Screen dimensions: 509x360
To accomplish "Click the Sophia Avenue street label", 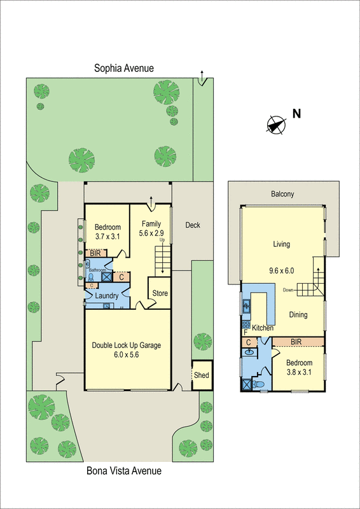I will tap(123, 68).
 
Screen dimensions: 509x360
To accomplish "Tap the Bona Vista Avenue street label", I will tap(123, 471).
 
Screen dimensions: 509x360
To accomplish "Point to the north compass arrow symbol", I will tap(275, 124).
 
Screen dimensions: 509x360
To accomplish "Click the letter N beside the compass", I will tap(296, 114).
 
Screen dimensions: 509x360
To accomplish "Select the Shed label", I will tap(202, 375).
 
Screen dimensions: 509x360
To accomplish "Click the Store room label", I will tap(160, 293).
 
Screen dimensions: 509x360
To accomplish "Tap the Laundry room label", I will tap(107, 296).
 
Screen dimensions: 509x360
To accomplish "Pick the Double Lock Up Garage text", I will tap(127, 345).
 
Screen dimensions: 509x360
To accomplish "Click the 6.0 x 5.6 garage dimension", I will tap(127, 355).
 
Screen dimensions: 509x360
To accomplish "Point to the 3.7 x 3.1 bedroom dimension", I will tap(107, 237).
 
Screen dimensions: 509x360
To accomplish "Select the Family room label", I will tap(151, 223).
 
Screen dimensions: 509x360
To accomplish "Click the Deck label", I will tap(192, 225).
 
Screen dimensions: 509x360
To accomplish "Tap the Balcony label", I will tap(282, 195).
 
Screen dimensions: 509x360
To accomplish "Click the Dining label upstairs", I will tap(298, 315).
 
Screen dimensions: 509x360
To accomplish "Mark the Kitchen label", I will tap(263, 328).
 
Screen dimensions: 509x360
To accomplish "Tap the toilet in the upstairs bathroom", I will tap(260, 384).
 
